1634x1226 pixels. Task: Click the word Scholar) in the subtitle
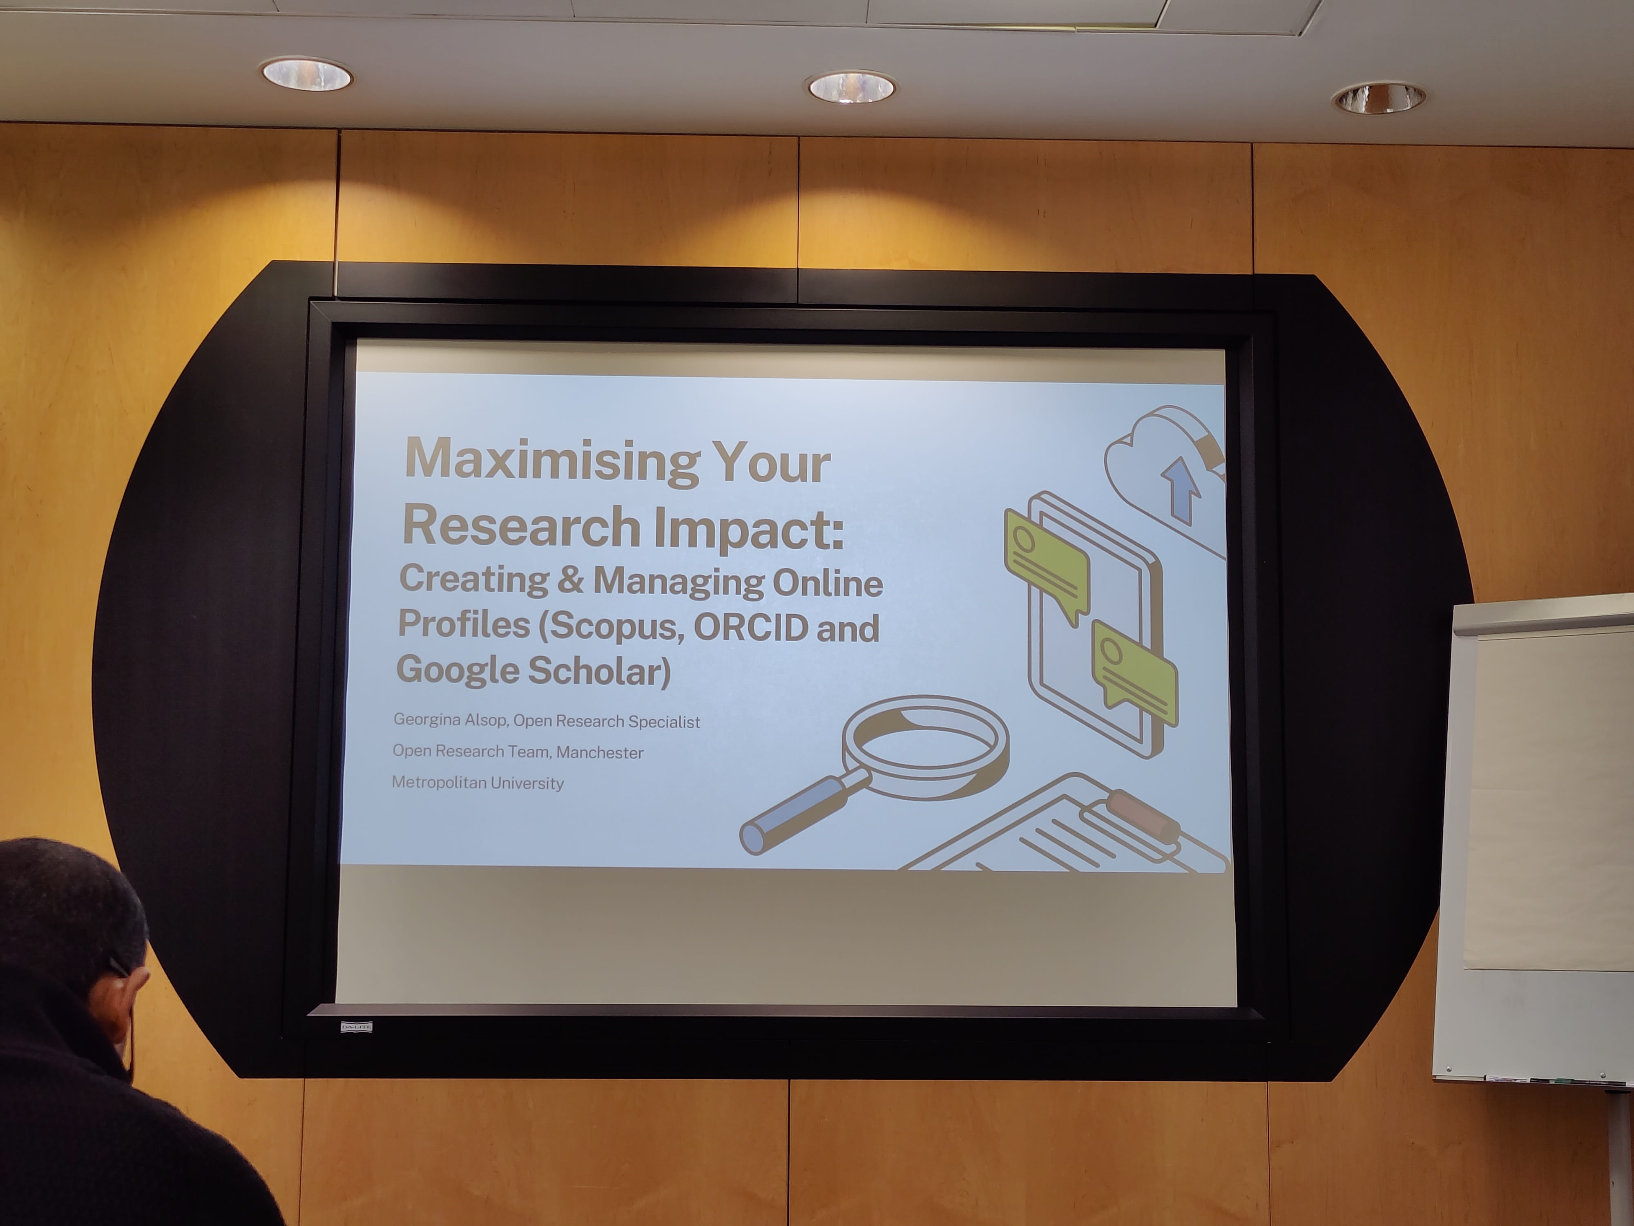pyautogui.click(x=599, y=670)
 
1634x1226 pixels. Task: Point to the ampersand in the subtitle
pyautogui.click(x=570, y=579)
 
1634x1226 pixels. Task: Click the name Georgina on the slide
pyautogui.click(x=427, y=719)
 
